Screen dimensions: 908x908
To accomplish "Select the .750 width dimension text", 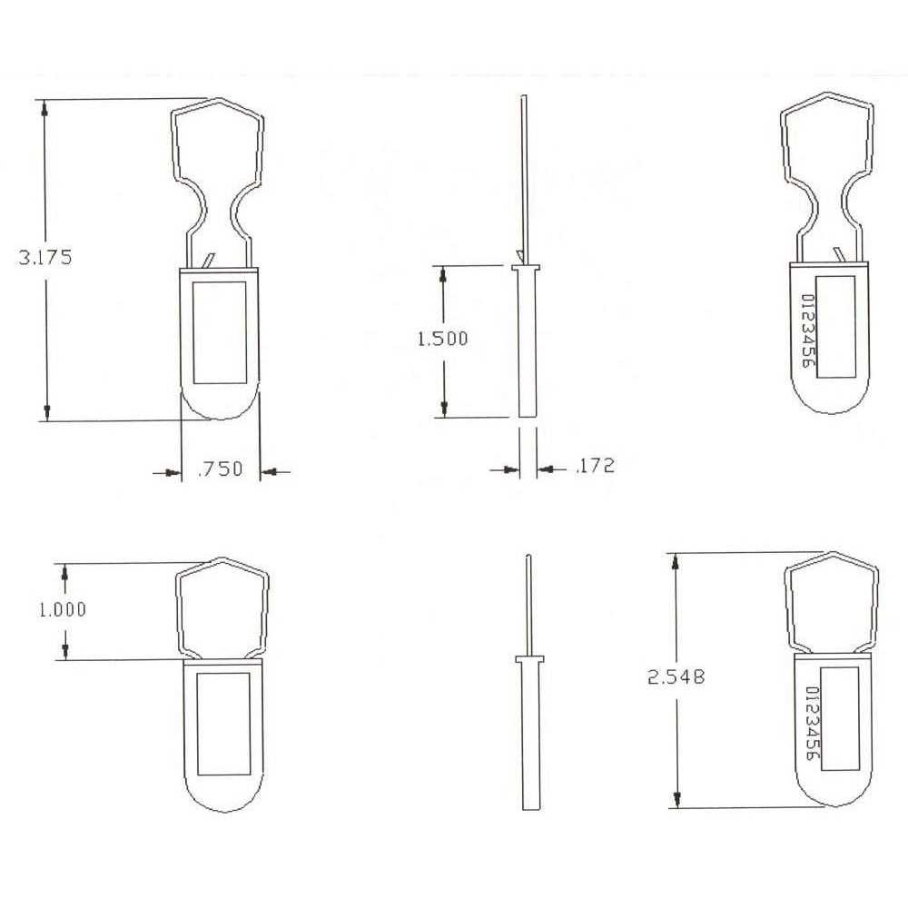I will pos(220,469).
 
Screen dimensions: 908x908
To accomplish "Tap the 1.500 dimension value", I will pos(442,339).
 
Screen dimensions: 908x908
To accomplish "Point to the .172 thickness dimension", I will pos(595,467).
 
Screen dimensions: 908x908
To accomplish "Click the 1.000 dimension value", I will pos(62,609).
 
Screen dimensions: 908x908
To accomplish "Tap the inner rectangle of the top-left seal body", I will pos(220,331).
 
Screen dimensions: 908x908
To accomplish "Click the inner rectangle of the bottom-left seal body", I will pos(223,723).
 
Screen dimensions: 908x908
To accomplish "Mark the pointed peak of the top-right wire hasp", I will pos(833,94).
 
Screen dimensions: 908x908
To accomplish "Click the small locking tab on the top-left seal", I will pos(211,261).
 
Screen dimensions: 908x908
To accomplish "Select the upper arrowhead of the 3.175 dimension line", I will pos(44,105).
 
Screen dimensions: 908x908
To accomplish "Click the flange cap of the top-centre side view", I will pos(526,268).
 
